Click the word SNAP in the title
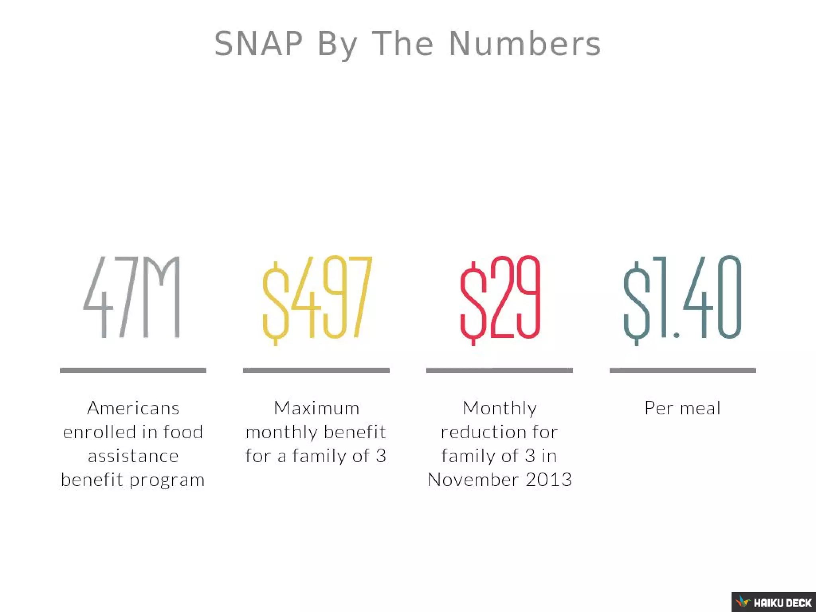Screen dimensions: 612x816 point(258,44)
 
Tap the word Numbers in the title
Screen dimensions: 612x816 point(525,44)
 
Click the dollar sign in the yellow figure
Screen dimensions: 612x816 point(276,303)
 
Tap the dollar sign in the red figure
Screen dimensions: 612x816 point(473,303)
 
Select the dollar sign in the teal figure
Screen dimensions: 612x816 point(636,303)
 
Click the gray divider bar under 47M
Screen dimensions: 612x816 point(133,371)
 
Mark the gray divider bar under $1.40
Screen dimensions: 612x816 point(683,371)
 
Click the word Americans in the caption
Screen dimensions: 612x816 point(133,408)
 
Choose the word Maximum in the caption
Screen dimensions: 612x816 point(316,408)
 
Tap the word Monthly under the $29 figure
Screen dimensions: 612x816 point(500,408)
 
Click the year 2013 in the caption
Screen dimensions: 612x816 point(549,479)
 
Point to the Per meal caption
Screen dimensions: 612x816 point(683,408)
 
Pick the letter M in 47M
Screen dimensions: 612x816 point(161,297)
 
